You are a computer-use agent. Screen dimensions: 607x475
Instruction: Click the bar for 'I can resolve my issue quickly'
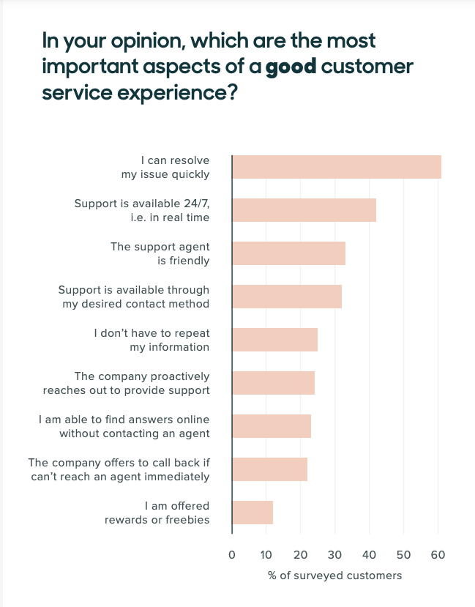pyautogui.click(x=337, y=167)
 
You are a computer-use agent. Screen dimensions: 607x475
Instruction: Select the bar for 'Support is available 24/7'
pyautogui.click(x=304, y=210)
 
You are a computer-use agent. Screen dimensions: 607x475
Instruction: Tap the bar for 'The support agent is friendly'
pyautogui.click(x=288, y=253)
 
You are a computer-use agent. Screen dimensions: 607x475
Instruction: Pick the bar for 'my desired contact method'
pyautogui.click(x=287, y=297)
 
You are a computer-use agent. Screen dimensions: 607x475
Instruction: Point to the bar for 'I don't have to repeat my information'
pyautogui.click(x=274, y=340)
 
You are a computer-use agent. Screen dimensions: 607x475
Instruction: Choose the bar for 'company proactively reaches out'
pyautogui.click(x=273, y=383)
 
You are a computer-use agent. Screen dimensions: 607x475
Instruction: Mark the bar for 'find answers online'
pyautogui.click(x=272, y=426)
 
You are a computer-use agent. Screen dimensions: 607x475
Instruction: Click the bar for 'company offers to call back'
pyautogui.click(x=269, y=469)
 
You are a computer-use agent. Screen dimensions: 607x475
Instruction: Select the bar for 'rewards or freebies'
pyautogui.click(x=253, y=513)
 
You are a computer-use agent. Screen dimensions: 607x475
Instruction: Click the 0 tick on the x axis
pyautogui.click(x=232, y=554)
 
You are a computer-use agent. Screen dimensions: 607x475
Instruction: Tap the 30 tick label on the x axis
pyautogui.click(x=334, y=554)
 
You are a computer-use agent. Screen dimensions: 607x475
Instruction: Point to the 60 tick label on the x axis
pyautogui.click(x=438, y=554)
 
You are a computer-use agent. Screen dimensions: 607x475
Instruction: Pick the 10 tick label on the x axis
pyautogui.click(x=266, y=554)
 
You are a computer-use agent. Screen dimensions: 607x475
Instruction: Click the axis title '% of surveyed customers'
pyautogui.click(x=334, y=576)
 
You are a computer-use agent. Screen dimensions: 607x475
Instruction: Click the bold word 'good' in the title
pyautogui.click(x=291, y=67)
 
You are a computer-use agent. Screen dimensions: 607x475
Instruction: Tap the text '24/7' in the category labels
pyautogui.click(x=195, y=204)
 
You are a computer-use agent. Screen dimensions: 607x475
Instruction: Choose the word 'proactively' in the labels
pyautogui.click(x=176, y=376)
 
